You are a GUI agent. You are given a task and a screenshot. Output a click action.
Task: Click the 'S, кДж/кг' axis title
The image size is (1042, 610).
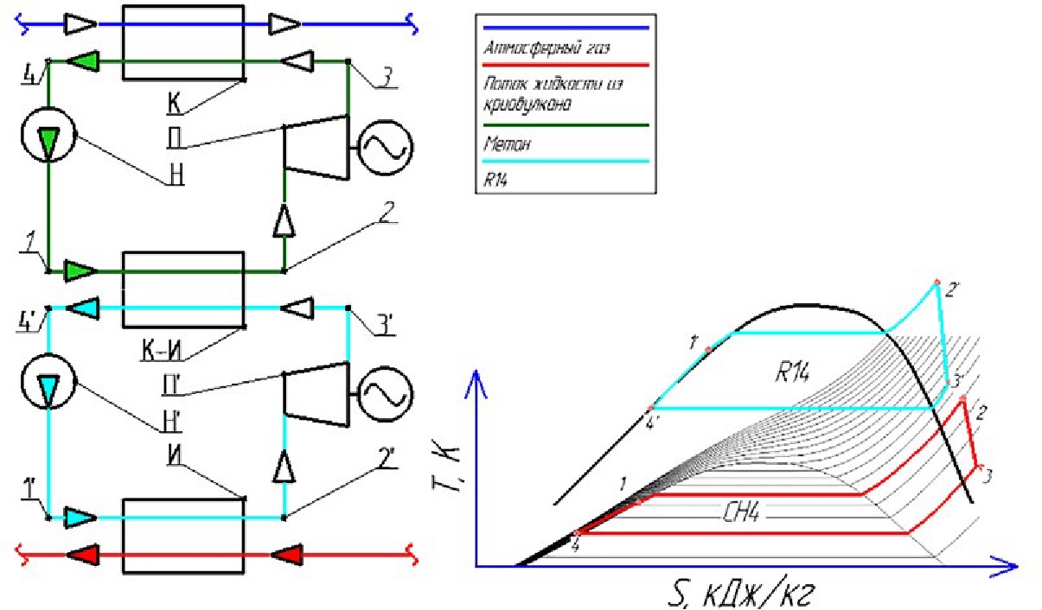[740, 594]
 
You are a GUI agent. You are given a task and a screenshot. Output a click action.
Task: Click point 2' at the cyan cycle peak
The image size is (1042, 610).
[936, 282]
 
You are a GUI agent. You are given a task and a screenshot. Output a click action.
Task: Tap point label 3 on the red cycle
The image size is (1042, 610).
[988, 474]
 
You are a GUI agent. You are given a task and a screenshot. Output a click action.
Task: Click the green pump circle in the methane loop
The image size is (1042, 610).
[48, 137]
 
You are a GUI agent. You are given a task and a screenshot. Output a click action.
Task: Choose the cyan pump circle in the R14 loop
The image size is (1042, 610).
[48, 383]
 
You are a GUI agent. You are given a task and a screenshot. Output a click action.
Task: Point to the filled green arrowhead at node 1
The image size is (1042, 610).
[80, 270]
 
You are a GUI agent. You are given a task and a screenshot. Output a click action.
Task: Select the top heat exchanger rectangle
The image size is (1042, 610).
[183, 43]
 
